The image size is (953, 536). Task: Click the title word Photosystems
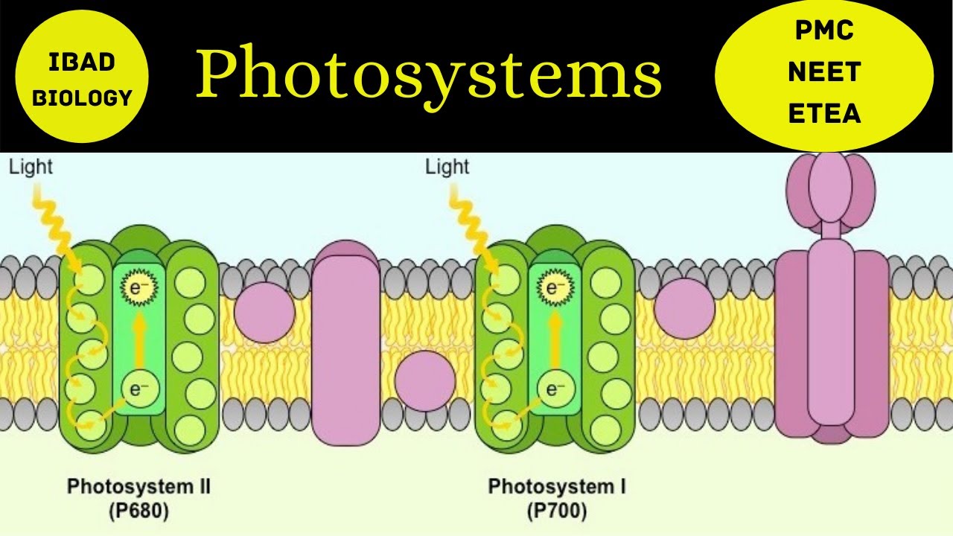[428, 75]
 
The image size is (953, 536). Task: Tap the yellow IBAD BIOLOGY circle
[82, 78]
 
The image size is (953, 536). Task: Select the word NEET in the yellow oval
[824, 72]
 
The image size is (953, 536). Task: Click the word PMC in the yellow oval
[824, 32]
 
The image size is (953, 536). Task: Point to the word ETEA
[824, 114]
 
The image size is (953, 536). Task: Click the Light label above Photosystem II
[31, 167]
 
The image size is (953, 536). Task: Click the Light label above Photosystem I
[447, 167]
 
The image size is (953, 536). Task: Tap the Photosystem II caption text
[139, 487]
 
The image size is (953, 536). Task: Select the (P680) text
[139, 512]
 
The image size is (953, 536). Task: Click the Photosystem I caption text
[557, 487]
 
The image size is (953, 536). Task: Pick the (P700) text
[557, 512]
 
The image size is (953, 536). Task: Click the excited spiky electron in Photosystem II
[136, 287]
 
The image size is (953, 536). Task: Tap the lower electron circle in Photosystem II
[136, 388]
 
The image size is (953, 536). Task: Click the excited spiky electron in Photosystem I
[552, 287]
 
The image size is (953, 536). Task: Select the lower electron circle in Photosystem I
[552, 388]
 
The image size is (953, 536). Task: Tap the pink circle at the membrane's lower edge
[424, 380]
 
